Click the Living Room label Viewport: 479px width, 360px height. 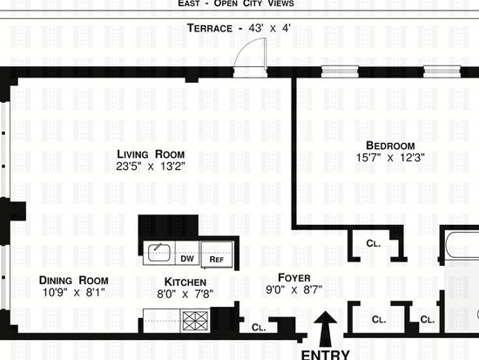tap(151, 154)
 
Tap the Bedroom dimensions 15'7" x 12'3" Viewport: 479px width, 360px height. tap(390, 158)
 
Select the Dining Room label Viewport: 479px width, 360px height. tap(74, 280)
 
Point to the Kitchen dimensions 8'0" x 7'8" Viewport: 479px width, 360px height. tap(186, 295)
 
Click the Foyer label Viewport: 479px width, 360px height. tap(294, 278)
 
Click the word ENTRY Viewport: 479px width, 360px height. tap(326, 355)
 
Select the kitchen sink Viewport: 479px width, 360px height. tap(159, 253)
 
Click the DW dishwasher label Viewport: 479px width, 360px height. tap(187, 259)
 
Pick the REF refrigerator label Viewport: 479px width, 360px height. tap(217, 260)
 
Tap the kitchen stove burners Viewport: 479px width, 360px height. tap(195, 321)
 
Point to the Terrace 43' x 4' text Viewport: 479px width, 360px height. tap(239, 28)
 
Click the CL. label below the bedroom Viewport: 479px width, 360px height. tap(374, 243)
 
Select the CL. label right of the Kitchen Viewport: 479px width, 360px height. tap(259, 327)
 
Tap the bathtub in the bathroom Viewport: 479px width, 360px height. tap(462, 246)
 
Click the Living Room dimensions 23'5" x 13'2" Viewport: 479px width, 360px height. tap(151, 166)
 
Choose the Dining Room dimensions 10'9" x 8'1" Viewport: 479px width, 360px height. tap(74, 292)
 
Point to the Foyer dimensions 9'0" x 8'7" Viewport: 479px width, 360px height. tap(293, 289)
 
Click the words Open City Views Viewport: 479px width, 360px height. tap(253, 3)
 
